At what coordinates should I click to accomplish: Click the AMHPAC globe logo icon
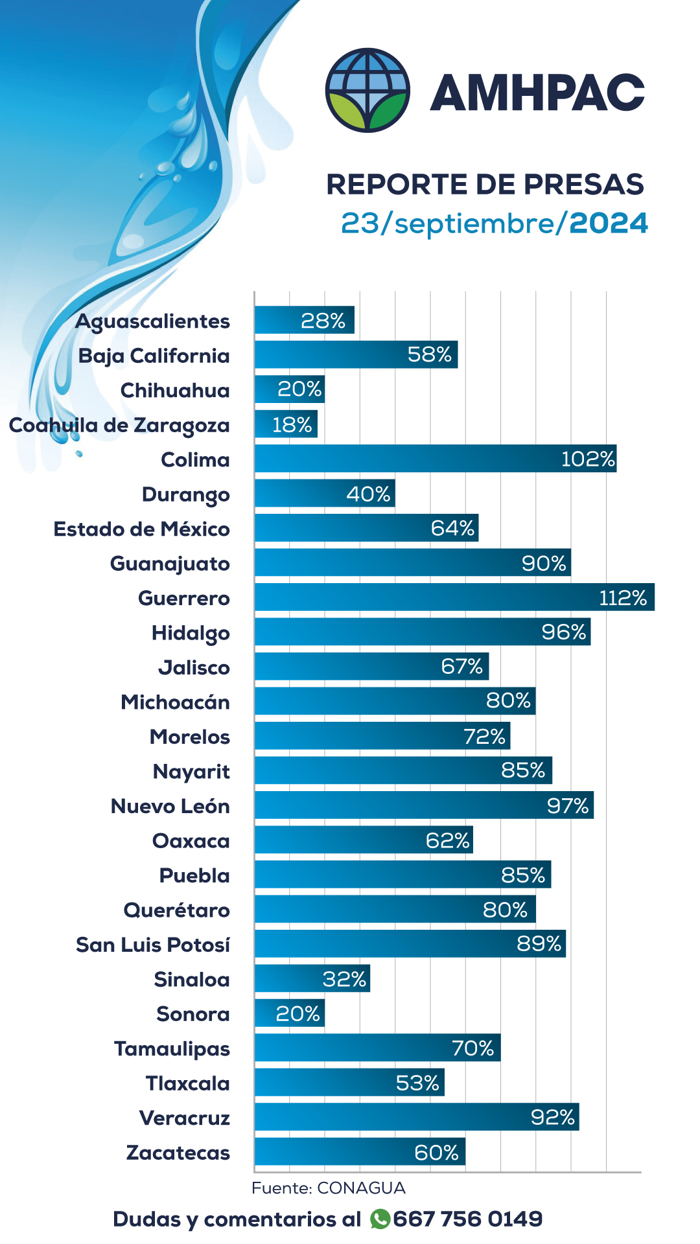click(367, 90)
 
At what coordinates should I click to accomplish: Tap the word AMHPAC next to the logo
click(537, 93)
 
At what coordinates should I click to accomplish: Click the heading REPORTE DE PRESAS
click(485, 184)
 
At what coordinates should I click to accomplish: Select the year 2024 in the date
click(608, 223)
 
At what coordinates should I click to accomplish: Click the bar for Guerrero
click(454, 597)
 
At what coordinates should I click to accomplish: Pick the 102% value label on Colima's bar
click(587, 459)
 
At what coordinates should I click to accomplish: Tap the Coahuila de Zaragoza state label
click(119, 426)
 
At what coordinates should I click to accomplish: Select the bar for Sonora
click(289, 1013)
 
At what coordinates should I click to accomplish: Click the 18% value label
click(292, 424)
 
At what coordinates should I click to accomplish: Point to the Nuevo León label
click(170, 806)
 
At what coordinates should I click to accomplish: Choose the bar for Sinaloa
click(312, 978)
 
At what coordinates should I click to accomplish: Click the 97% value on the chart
click(567, 805)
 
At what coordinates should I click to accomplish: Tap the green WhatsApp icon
click(380, 1219)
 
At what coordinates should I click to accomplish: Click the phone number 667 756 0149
click(467, 1219)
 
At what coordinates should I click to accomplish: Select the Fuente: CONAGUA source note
click(328, 1188)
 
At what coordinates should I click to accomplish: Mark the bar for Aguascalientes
click(304, 320)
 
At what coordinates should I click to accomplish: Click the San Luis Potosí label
click(153, 945)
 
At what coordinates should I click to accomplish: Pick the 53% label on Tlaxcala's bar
click(417, 1083)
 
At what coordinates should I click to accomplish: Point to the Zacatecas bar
click(360, 1151)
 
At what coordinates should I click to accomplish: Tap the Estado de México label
click(141, 529)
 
